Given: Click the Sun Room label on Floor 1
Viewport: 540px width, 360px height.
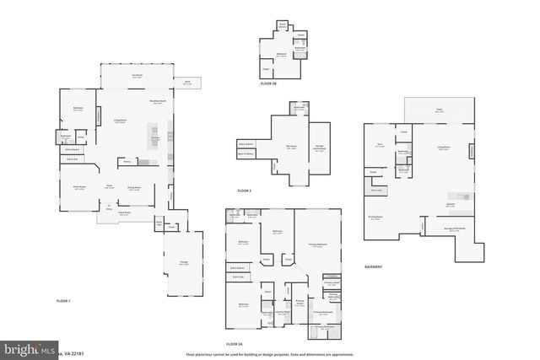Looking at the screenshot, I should [136, 76].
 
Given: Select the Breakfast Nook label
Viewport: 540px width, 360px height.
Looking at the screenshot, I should [156, 101].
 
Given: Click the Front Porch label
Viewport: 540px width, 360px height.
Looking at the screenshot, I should [111, 214].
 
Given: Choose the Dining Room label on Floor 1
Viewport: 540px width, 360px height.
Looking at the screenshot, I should [133, 188].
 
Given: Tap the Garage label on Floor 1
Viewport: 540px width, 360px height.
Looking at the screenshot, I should [183, 264].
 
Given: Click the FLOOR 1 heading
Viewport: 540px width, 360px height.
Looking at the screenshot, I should [63, 300].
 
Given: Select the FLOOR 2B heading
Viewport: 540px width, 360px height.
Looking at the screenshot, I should [267, 84].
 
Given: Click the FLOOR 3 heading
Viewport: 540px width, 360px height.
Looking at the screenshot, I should [245, 191].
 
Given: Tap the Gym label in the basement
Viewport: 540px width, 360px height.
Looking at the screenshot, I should [380, 145].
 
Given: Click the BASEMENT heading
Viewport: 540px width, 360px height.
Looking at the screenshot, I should [373, 267].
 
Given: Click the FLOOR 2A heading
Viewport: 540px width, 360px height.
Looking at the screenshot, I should [234, 344].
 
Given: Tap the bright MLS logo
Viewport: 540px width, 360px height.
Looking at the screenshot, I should [17, 348].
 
